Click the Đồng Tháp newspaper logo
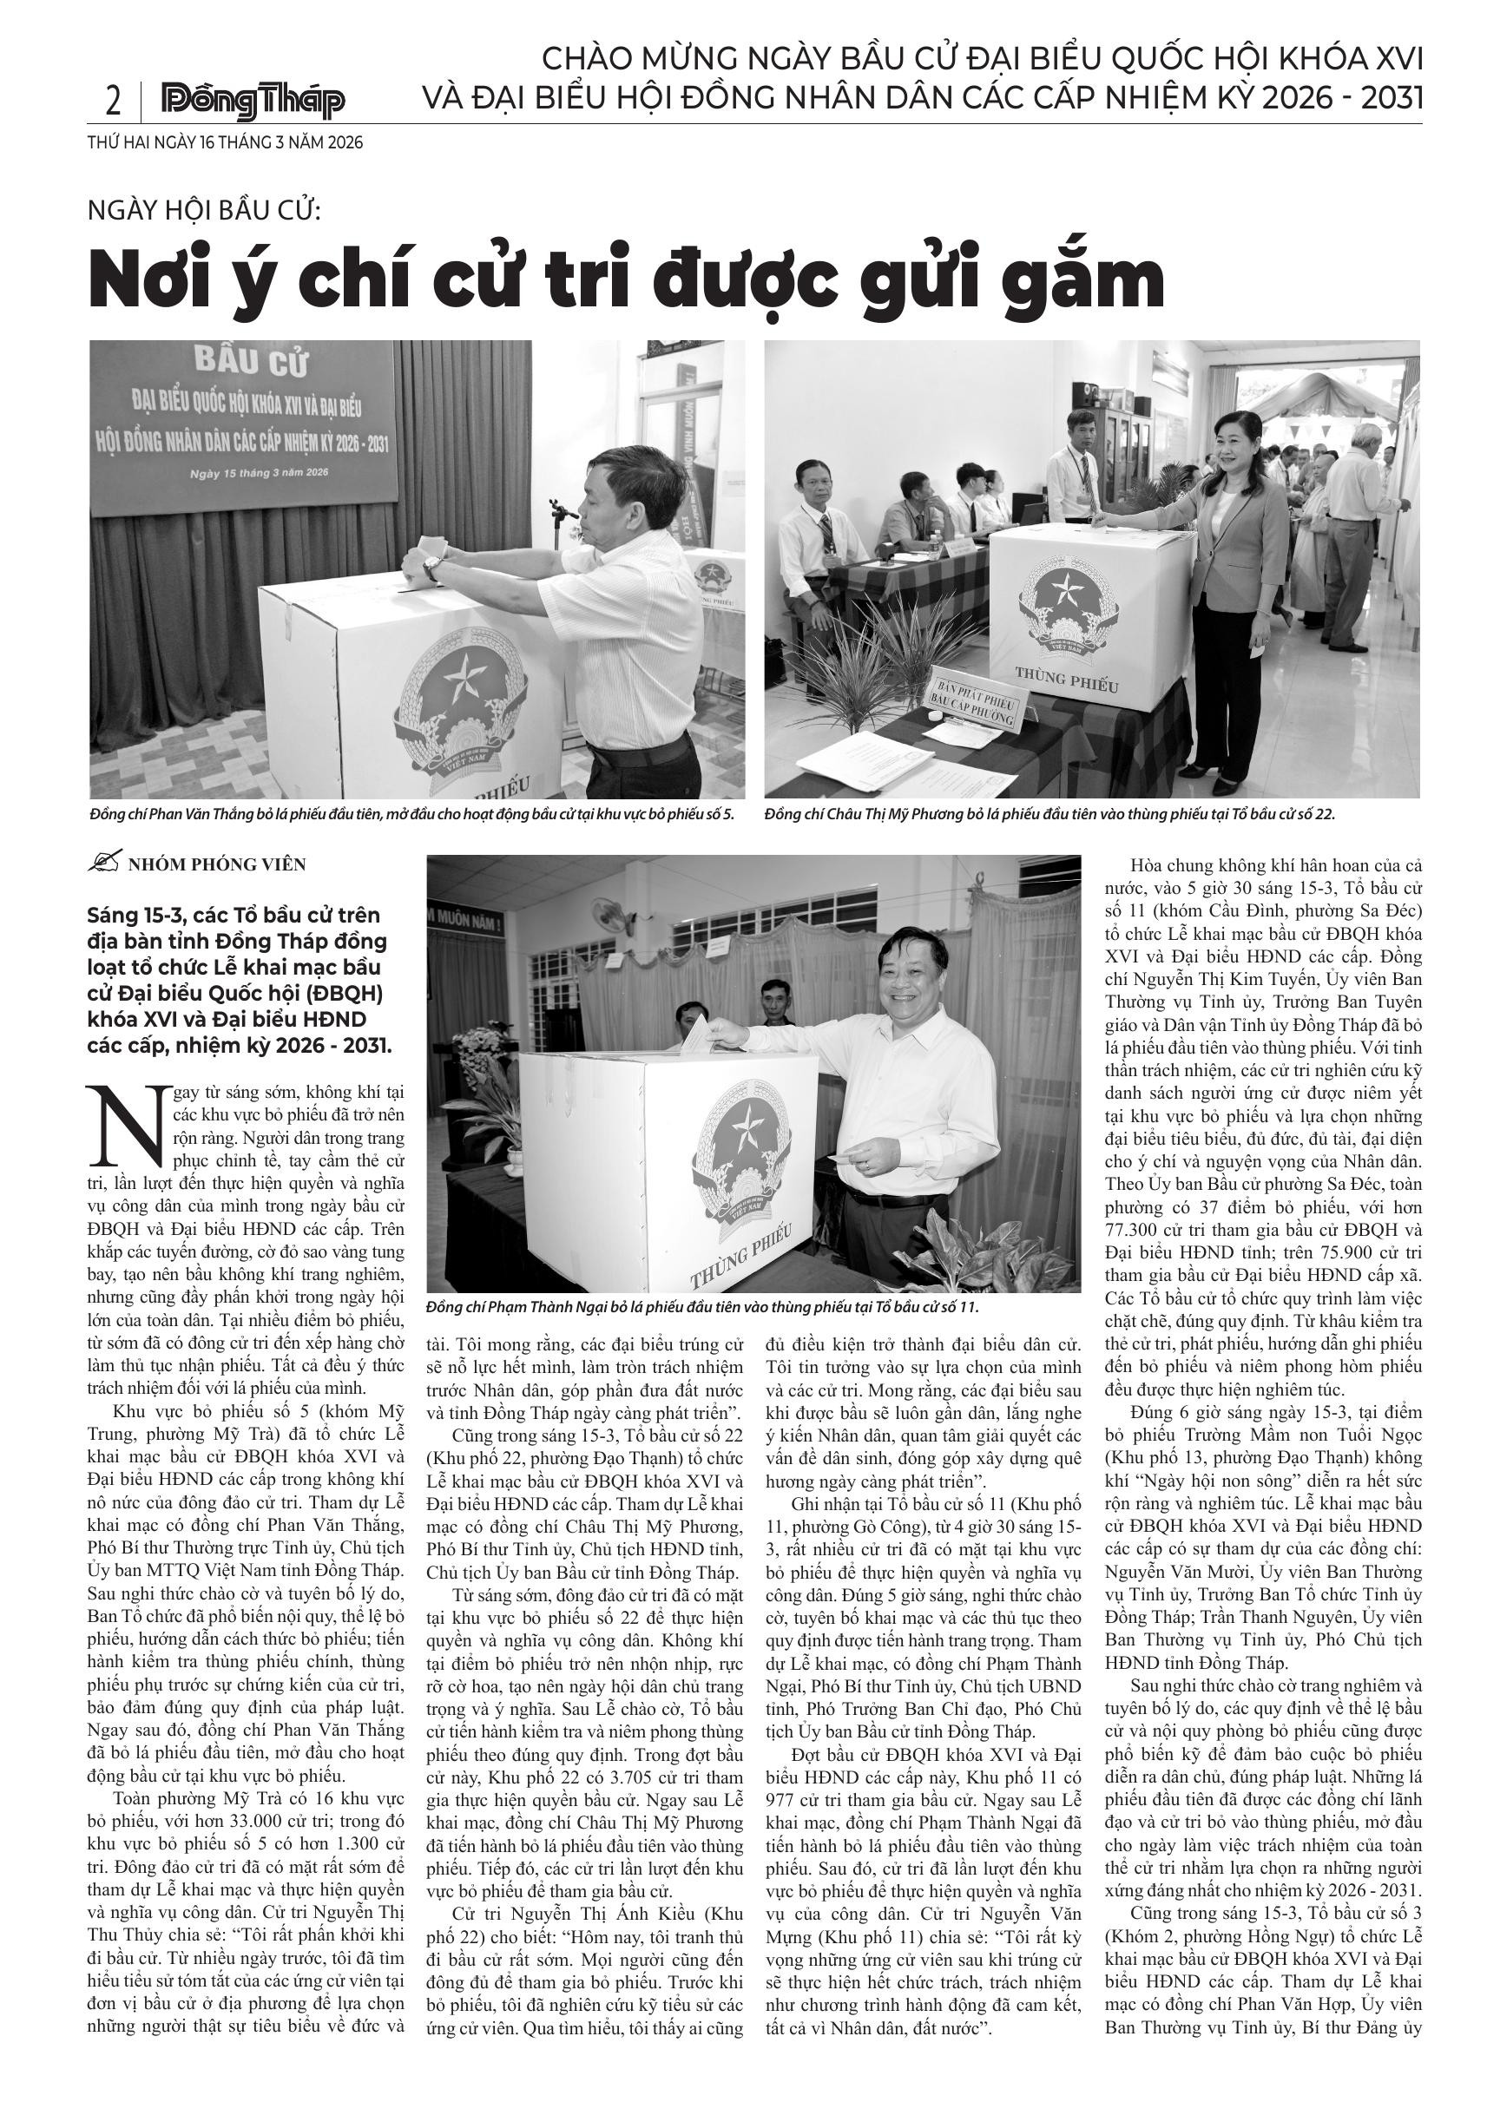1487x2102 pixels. coord(253,102)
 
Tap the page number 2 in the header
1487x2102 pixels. coord(113,102)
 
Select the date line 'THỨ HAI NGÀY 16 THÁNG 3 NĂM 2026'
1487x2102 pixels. coord(225,143)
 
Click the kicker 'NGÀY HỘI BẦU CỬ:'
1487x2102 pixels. coord(203,211)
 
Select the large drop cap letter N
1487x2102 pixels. coord(128,1122)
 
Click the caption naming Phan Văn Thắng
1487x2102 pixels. coord(412,814)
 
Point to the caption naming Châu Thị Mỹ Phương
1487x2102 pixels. coord(1049,814)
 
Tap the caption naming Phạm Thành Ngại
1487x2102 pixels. coord(702,1308)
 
